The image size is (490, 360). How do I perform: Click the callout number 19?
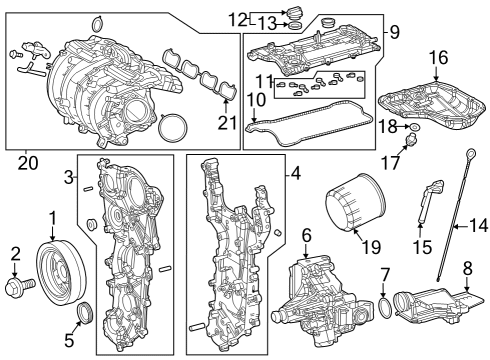coord(370,247)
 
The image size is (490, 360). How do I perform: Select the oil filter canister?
coord(355,202)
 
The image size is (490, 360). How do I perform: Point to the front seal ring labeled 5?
coord(85,312)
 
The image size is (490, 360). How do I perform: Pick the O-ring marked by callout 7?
coord(385,308)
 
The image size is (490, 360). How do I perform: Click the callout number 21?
coord(227,122)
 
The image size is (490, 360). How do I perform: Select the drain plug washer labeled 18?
coord(415,127)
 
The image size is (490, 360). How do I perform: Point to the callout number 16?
coord(438,57)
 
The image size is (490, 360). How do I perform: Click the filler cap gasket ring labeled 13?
coord(295,25)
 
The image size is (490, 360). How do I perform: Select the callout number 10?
coord(256,99)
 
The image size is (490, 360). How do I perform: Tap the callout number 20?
coord(28,163)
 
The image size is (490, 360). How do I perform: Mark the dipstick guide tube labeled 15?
coord(430,200)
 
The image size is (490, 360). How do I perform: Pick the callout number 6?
coord(307,235)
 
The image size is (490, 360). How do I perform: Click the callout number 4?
coord(296,173)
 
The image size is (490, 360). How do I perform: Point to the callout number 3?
coord(68,177)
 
